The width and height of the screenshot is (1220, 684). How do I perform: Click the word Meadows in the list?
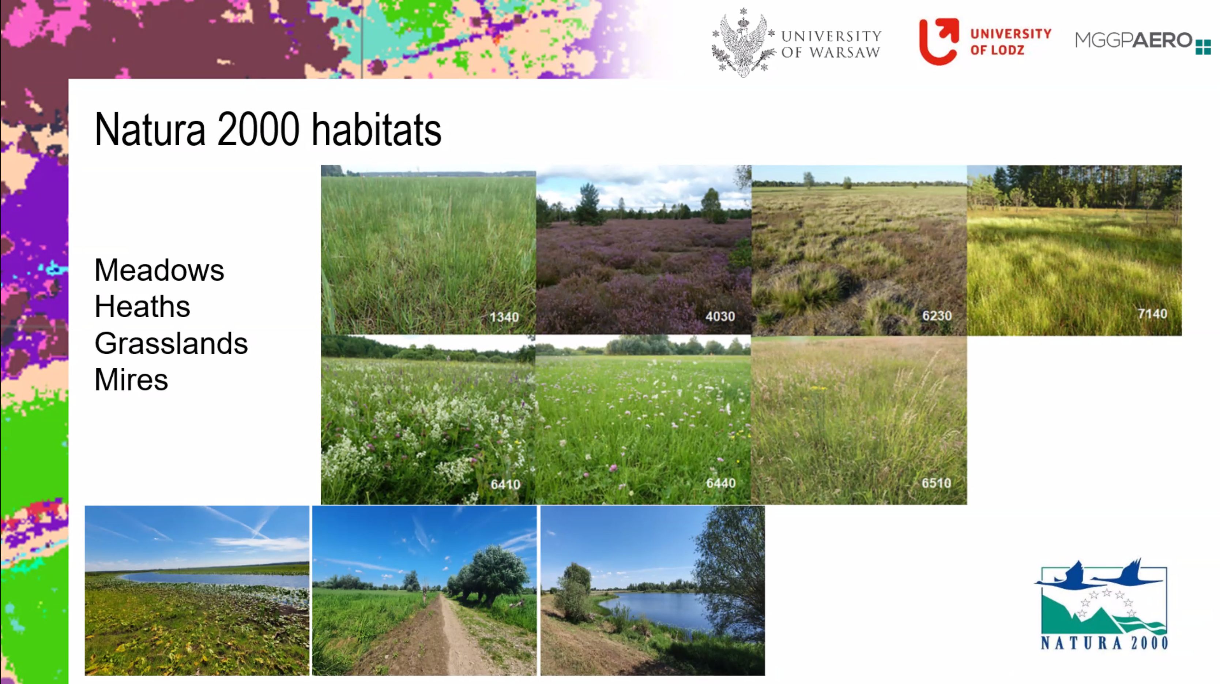pos(159,270)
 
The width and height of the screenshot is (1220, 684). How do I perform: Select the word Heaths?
pos(142,307)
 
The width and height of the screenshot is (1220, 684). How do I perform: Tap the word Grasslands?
pos(171,343)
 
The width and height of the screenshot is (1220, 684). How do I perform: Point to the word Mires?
pos(131,380)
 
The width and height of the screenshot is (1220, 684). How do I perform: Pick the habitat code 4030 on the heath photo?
pos(720,316)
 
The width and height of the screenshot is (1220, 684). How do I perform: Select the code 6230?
pos(936,316)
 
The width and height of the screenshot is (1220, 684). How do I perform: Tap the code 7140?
pos(1152,314)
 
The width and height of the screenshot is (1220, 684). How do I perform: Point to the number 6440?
pos(720,483)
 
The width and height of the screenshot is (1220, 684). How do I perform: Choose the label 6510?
pos(936,483)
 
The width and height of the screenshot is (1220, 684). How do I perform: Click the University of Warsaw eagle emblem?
pos(743,43)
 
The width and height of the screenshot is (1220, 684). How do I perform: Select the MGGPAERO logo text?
pos(1133,40)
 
